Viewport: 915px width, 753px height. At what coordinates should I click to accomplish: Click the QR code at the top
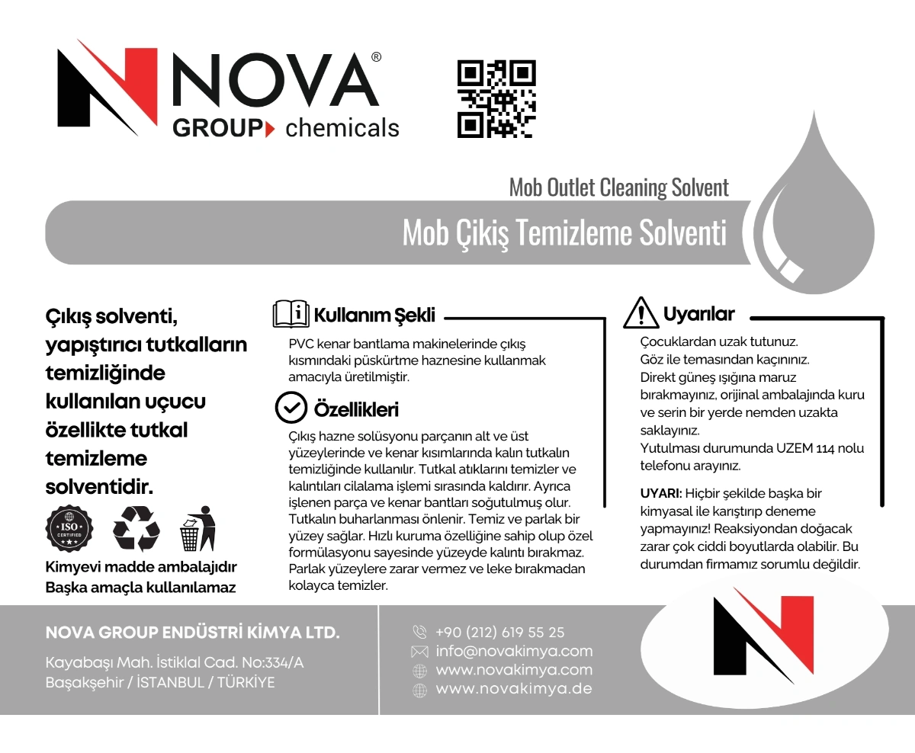click(496, 100)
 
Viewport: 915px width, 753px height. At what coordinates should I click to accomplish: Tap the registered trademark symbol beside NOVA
click(376, 58)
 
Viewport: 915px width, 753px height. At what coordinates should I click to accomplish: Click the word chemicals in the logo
click(342, 127)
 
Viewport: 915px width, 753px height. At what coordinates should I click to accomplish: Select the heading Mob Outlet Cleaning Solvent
click(618, 187)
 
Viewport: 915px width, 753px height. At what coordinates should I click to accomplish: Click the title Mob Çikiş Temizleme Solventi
click(564, 233)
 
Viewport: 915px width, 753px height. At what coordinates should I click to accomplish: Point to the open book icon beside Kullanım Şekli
click(291, 314)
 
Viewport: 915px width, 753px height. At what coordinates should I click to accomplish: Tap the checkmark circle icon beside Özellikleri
click(291, 409)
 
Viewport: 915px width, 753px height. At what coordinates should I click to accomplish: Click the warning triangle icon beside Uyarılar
click(640, 313)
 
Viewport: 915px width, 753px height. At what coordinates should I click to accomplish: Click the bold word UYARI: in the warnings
click(660, 493)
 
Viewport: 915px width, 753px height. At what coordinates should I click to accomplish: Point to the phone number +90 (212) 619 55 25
click(500, 632)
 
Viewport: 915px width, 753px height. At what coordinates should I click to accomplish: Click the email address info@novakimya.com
click(514, 651)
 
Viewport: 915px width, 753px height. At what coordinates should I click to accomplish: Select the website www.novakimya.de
click(514, 689)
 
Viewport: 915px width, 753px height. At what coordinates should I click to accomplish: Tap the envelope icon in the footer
click(419, 652)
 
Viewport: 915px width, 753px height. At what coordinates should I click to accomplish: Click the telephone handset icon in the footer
click(419, 632)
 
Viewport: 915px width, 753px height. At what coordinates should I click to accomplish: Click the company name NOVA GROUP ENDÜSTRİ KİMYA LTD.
click(193, 633)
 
